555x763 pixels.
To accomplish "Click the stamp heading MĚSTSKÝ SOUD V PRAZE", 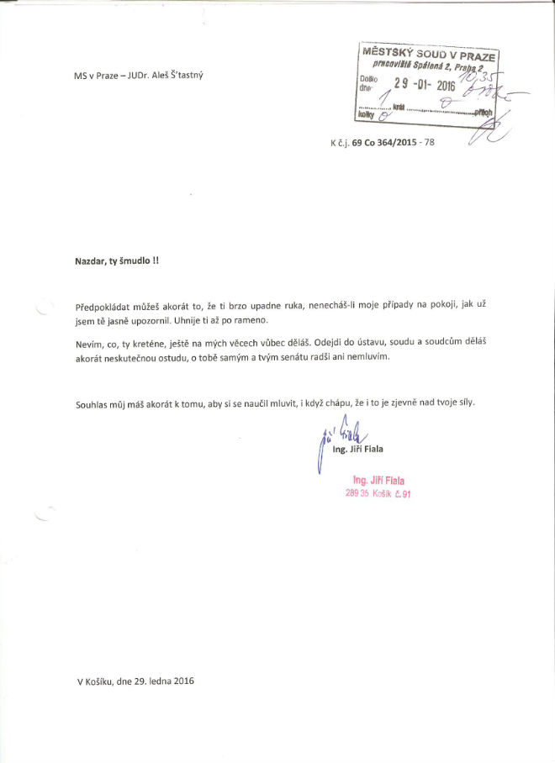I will [429, 53].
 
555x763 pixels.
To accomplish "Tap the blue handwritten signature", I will [338, 436].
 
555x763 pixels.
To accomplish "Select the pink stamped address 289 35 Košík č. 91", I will [378, 493].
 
